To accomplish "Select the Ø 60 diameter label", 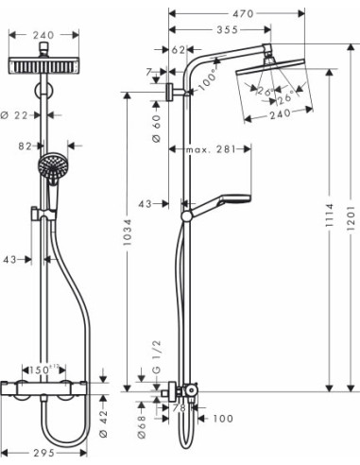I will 156,119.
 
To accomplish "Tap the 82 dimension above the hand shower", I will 26,146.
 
